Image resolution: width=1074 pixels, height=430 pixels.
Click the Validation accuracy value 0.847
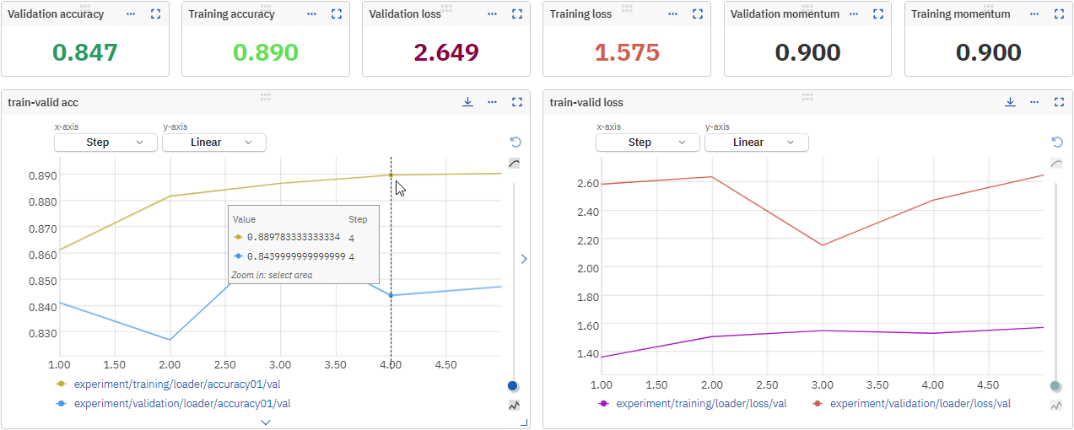[84, 52]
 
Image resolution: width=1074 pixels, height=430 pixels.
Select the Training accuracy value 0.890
[265, 52]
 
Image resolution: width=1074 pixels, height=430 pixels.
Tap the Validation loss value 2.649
[445, 52]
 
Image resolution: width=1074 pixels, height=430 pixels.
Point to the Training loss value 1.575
[627, 52]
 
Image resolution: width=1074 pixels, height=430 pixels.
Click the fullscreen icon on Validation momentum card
[878, 14]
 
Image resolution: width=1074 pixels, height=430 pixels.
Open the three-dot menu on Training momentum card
[1034, 14]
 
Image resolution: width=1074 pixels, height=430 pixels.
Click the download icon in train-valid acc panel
[467, 102]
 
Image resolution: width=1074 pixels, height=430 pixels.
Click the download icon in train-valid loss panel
[1010, 102]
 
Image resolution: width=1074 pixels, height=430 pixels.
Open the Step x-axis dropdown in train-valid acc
[105, 142]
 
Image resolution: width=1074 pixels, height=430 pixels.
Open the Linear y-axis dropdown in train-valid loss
[756, 142]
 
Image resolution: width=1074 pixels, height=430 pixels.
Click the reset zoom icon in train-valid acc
[515, 142]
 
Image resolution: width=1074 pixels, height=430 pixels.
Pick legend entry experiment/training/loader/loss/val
[701, 404]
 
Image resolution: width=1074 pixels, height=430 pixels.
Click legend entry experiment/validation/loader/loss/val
[920, 404]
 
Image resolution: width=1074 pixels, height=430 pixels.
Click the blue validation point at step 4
[391, 295]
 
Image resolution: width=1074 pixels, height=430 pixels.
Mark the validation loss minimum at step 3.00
[823, 245]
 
